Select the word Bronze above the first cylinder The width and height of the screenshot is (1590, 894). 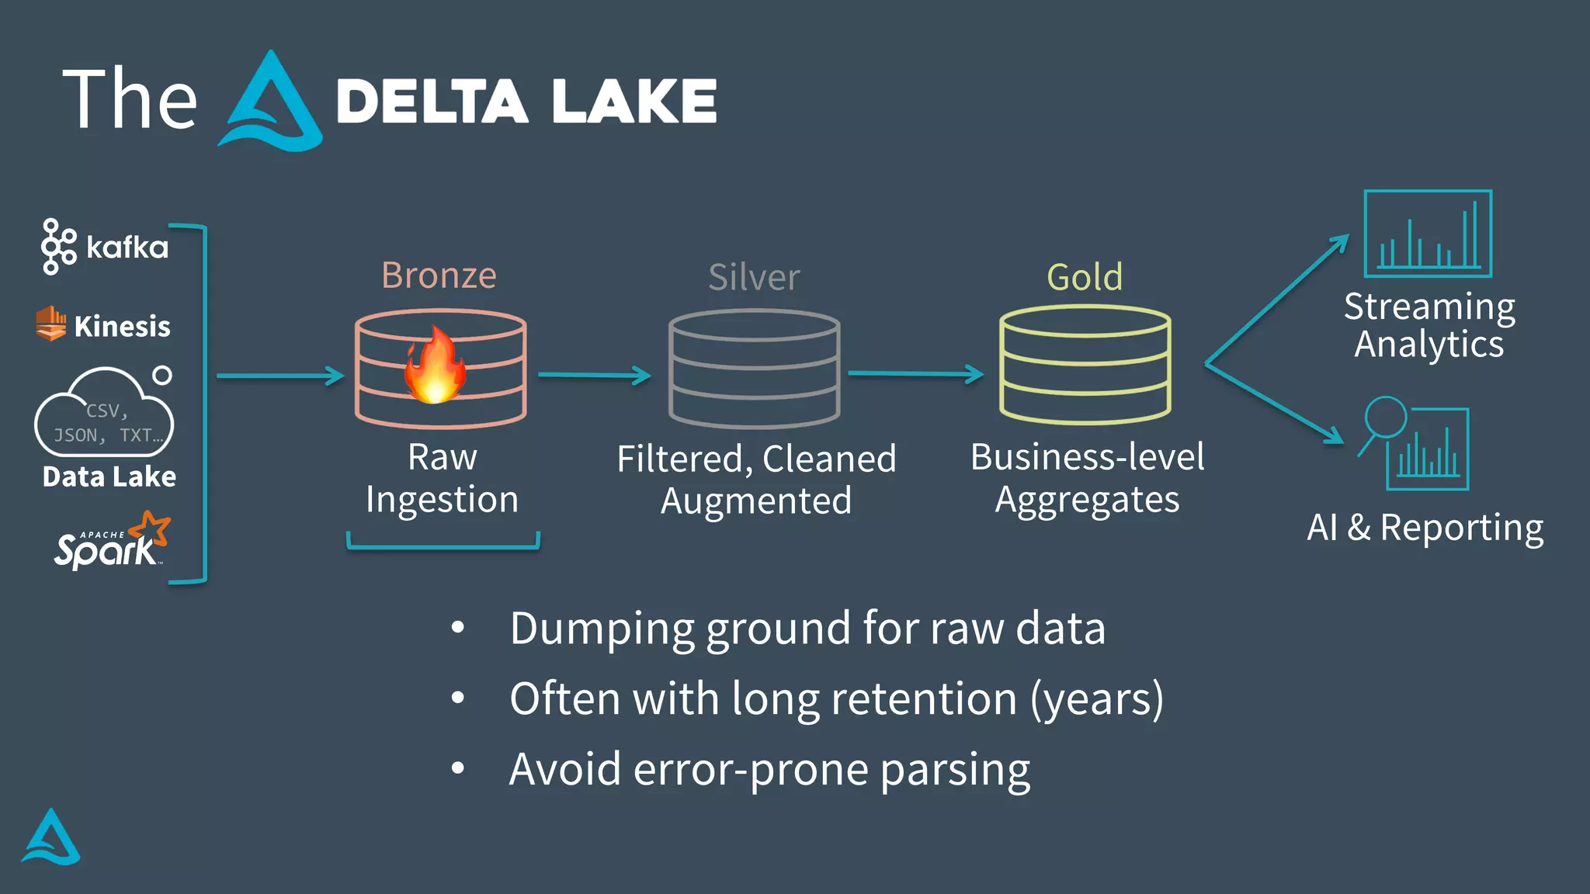(439, 275)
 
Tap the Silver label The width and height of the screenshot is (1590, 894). (754, 277)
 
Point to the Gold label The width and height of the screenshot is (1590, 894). (1085, 277)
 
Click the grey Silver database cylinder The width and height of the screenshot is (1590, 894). (754, 369)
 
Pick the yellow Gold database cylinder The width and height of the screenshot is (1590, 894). (1085, 365)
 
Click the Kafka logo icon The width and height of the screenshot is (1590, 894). (58, 247)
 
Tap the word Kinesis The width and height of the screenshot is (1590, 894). (122, 326)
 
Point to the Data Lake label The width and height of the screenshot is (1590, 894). (109, 476)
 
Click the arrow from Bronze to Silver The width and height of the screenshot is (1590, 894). (594, 376)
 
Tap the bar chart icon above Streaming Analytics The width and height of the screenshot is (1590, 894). (1428, 234)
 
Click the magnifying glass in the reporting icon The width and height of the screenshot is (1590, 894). (1385, 418)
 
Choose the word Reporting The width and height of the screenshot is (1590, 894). (1461, 528)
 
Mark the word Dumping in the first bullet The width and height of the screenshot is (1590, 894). (602, 629)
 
